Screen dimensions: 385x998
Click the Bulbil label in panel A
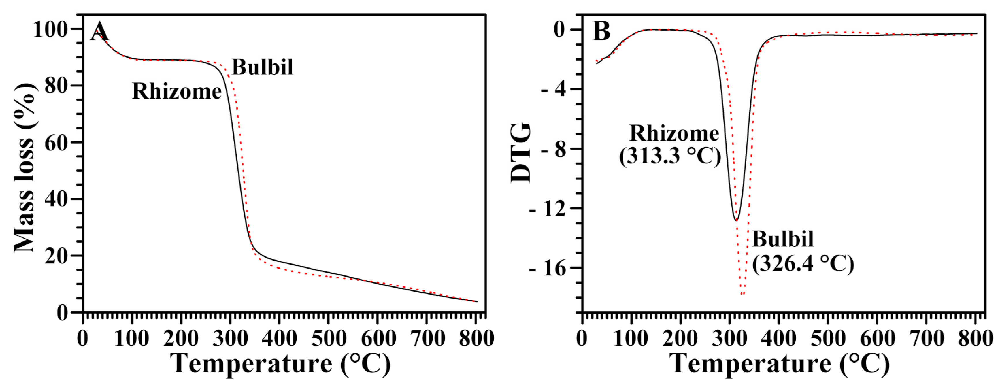[x=262, y=67]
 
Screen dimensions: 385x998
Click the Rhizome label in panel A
[x=177, y=92]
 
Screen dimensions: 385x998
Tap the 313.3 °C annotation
[x=670, y=156]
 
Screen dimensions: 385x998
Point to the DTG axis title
[x=520, y=153]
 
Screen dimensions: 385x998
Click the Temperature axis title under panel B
[x=780, y=364]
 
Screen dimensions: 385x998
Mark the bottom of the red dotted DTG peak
[x=742, y=294]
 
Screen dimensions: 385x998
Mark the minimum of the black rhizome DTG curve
[x=736, y=220]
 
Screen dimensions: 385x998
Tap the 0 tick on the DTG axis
[x=560, y=30]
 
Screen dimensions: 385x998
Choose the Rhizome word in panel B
[x=674, y=134]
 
